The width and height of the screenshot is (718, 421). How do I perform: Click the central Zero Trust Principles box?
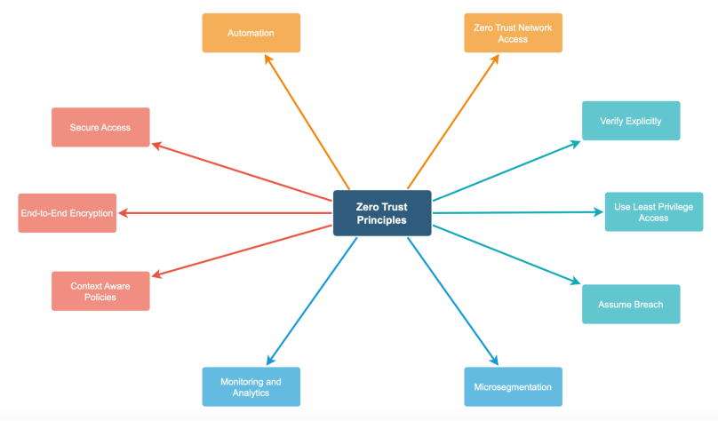tap(382, 213)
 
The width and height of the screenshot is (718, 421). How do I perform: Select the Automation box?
tap(251, 33)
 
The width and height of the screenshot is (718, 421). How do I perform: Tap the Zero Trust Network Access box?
tap(513, 33)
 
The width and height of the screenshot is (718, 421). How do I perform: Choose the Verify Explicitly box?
tap(630, 121)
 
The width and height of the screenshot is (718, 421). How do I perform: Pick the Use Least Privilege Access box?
tap(653, 211)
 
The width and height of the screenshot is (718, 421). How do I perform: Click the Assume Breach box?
tap(630, 304)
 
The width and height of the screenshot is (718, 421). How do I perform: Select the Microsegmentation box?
tap(513, 387)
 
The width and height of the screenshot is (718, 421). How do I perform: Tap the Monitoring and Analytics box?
tap(251, 387)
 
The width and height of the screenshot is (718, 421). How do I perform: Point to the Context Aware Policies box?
tap(100, 291)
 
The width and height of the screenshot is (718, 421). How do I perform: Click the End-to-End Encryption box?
tap(67, 213)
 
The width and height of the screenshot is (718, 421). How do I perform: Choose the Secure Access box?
tap(100, 127)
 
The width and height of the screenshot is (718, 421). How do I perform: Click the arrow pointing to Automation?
tap(307, 120)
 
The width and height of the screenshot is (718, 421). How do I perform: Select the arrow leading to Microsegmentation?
tap(453, 301)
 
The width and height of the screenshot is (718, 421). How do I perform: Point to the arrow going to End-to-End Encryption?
tap(222, 213)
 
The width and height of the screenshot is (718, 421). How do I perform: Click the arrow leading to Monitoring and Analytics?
tap(311, 301)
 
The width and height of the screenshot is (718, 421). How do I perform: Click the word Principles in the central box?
tap(382, 220)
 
